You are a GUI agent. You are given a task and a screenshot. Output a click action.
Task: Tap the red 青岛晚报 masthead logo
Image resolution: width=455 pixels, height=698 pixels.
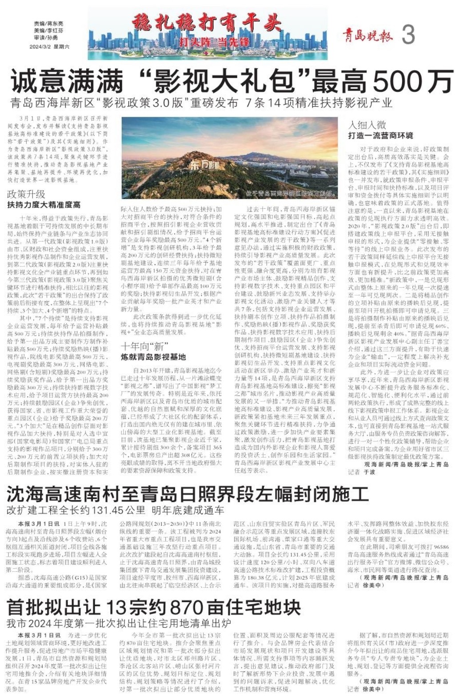click(x=367, y=35)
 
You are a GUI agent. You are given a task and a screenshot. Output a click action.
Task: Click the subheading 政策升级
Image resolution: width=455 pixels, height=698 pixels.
click(x=26, y=194)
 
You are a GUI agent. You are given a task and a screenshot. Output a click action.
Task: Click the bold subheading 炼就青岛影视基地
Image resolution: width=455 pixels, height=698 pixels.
click(x=153, y=357)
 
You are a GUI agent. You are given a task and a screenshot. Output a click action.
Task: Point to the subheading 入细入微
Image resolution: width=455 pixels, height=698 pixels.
click(x=367, y=125)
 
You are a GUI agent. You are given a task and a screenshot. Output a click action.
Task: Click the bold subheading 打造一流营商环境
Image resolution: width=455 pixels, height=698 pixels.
click(x=380, y=135)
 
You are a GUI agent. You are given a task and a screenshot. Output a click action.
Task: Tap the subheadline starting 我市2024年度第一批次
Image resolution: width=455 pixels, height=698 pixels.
click(x=118, y=623)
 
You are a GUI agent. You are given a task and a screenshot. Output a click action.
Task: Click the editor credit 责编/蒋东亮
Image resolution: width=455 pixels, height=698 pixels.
click(x=48, y=24)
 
